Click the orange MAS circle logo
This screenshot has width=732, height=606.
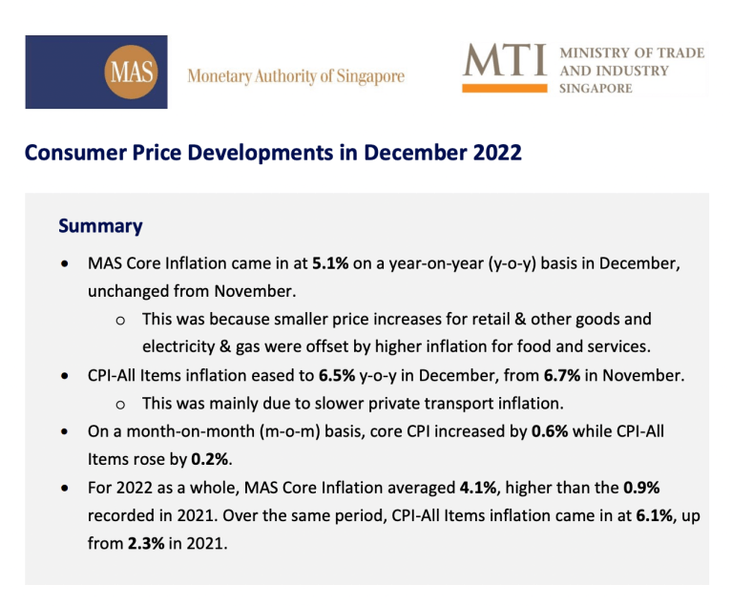click(x=131, y=72)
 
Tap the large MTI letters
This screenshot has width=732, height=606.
click(x=504, y=60)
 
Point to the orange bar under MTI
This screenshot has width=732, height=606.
click(x=504, y=88)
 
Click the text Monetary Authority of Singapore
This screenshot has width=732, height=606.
click(x=296, y=76)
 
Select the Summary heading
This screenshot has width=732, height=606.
click(x=100, y=226)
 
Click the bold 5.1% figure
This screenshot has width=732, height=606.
click(x=330, y=263)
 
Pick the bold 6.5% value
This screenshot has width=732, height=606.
click(x=337, y=375)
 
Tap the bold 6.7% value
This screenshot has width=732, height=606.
click(x=562, y=375)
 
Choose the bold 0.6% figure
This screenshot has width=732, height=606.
click(x=550, y=431)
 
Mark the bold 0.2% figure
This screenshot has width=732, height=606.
click(x=210, y=459)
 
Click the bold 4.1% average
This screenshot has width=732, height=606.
click(x=478, y=488)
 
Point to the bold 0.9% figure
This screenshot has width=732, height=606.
click(x=641, y=488)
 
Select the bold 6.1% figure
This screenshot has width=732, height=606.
click(x=655, y=516)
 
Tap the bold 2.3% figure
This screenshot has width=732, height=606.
click(x=146, y=544)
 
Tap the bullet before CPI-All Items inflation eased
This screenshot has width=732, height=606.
click(x=65, y=376)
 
